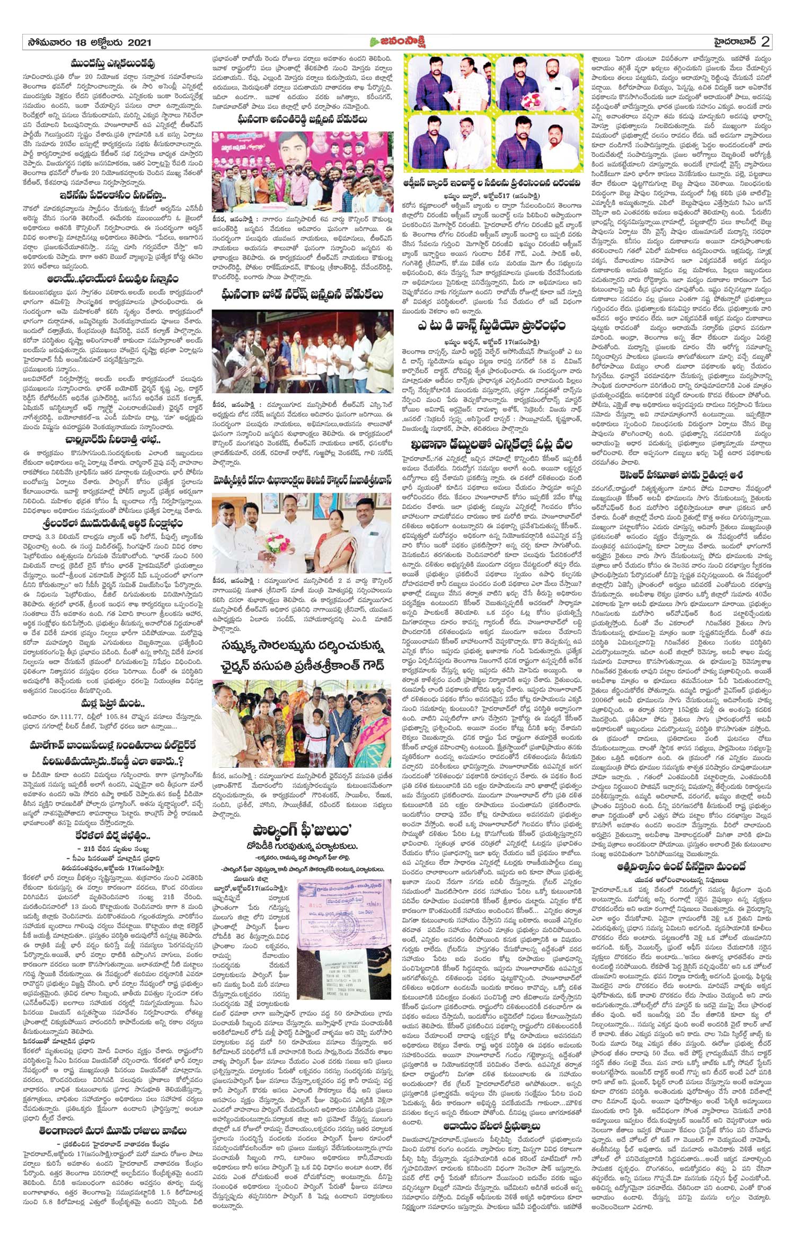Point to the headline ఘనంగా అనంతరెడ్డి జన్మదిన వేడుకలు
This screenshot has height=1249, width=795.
click(303, 120)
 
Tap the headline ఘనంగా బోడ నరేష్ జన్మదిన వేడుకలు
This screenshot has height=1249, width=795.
click(303, 294)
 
